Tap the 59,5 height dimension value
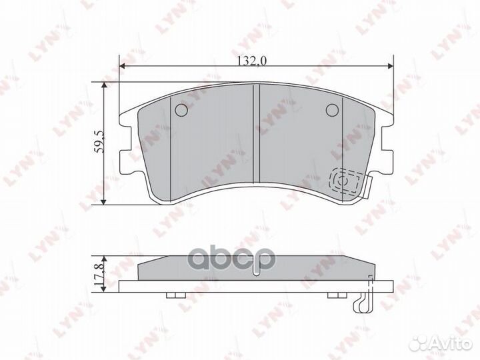99,143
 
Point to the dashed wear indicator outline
347,181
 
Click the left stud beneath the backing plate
173,295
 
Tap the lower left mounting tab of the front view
124,161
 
